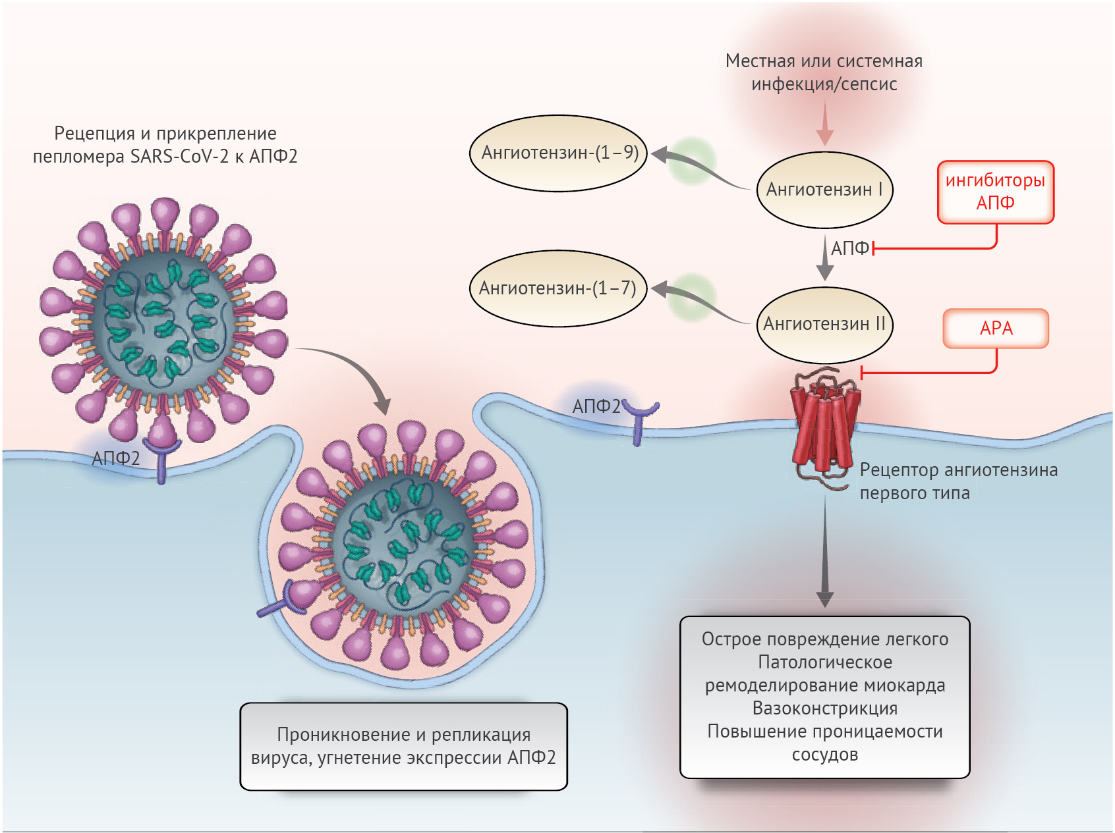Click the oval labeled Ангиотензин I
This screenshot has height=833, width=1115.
pyautogui.click(x=824, y=190)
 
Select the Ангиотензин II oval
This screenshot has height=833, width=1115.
pyautogui.click(x=824, y=325)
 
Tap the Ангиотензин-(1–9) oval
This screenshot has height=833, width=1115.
pyautogui.click(x=559, y=153)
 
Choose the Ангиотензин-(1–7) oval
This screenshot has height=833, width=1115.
pyautogui.click(x=558, y=288)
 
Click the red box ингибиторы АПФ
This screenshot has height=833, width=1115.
pyautogui.click(x=996, y=192)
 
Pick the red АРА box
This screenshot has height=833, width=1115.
pyautogui.click(x=996, y=328)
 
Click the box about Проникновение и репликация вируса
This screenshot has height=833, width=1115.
pyautogui.click(x=403, y=746)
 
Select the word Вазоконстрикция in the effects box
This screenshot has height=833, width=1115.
pyautogui.click(x=825, y=709)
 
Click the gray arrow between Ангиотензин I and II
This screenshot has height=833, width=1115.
pyautogui.click(x=825, y=258)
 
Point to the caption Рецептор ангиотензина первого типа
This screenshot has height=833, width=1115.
pyautogui.click(x=959, y=481)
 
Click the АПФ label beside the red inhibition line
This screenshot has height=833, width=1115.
pyautogui.click(x=850, y=248)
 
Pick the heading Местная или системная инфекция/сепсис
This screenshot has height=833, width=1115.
pyautogui.click(x=824, y=72)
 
